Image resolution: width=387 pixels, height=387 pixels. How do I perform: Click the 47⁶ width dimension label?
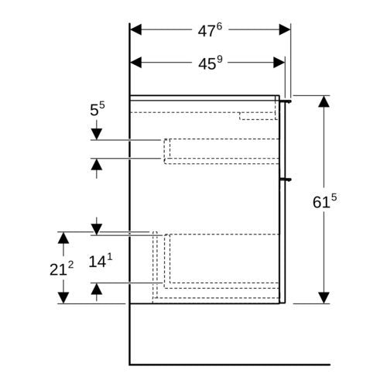coord(210,30)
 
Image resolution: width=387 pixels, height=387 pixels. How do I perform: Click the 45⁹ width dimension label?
coord(210,63)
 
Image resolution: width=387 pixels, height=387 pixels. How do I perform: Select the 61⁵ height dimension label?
coord(324,201)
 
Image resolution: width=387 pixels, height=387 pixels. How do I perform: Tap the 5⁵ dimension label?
coord(98,109)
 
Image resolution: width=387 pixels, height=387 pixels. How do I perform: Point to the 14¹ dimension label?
coord(101,261)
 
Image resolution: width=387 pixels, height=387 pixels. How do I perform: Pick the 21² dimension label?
coord(61,269)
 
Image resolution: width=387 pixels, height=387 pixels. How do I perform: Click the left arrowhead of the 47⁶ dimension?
coord(135,29)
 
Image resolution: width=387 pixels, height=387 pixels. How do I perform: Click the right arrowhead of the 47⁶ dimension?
coord(285,29)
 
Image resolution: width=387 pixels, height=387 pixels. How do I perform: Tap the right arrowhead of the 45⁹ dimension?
coord(279,63)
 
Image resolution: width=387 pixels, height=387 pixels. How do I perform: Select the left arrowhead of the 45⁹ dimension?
coord(135,63)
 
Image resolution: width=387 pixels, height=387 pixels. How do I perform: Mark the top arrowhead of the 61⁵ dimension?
coord(324,101)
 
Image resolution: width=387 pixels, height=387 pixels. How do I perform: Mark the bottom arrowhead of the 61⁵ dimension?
coord(324,298)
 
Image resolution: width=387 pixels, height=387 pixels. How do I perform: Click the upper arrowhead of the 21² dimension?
coord(63,238)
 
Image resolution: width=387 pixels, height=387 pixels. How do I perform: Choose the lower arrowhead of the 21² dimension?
coord(63,298)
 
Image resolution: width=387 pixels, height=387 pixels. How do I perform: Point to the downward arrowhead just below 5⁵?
coord(97,135)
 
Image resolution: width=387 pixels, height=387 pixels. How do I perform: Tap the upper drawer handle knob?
coord(287,101)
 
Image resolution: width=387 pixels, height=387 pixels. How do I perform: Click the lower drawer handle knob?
coord(287,180)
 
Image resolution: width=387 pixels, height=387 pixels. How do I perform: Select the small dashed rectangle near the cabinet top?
coord(259,116)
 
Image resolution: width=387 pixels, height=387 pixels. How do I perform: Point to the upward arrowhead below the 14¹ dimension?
coord(97,289)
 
